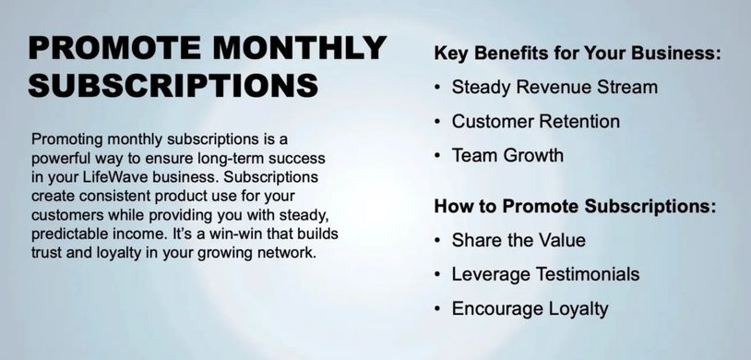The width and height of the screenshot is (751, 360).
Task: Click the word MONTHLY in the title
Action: (299, 47)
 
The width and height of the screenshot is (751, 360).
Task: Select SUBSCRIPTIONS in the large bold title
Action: (173, 85)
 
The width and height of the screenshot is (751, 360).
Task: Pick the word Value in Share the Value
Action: (564, 240)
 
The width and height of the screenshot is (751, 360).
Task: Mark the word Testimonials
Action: (587, 274)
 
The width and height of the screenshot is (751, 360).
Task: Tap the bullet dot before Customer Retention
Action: (437, 122)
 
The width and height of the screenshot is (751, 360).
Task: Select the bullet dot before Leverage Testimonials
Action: (437, 275)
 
